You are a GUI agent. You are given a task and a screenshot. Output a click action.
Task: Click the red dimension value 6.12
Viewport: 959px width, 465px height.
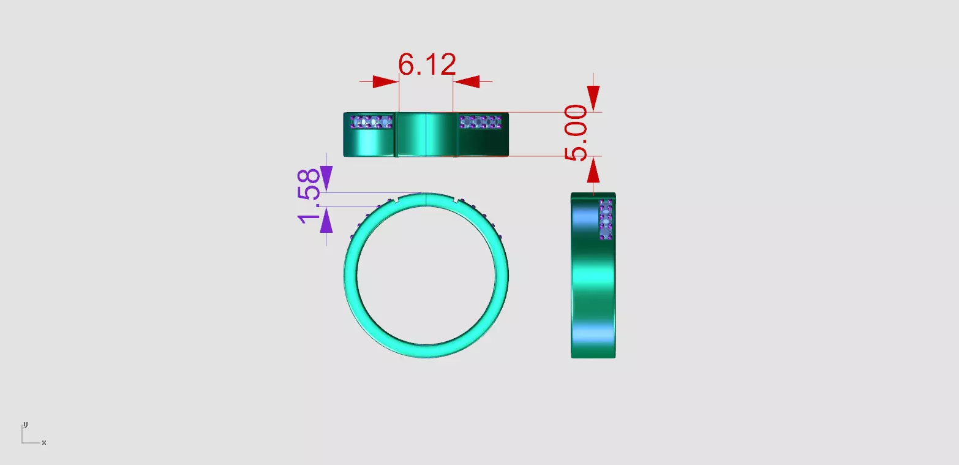pyautogui.click(x=427, y=64)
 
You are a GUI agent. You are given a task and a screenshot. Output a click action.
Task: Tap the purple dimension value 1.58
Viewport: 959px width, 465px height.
pyautogui.click(x=310, y=195)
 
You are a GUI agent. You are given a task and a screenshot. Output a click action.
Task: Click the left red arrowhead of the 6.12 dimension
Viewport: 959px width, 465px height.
pyautogui.click(x=385, y=82)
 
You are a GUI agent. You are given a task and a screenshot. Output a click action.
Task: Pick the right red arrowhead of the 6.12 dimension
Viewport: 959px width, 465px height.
pyautogui.click(x=467, y=82)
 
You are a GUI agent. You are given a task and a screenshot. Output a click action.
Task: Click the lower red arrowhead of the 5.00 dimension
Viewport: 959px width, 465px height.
pyautogui.click(x=593, y=170)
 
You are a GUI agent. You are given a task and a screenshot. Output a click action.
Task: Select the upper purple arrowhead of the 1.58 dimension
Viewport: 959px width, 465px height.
pyautogui.click(x=326, y=179)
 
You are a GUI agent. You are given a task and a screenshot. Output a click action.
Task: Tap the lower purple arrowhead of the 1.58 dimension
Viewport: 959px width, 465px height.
pyautogui.click(x=326, y=220)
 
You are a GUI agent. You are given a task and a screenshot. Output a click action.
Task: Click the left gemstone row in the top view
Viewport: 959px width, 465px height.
pyautogui.click(x=371, y=123)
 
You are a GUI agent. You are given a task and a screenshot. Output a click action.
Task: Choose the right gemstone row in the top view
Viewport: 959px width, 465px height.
pyautogui.click(x=481, y=123)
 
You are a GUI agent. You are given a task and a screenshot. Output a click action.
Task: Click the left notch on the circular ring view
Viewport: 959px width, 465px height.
pyautogui.click(x=397, y=200)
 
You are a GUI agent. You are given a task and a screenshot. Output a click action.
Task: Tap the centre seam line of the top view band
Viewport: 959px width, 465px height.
pyautogui.click(x=426, y=134)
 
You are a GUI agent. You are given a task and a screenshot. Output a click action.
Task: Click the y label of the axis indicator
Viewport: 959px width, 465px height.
pyautogui.click(x=25, y=425)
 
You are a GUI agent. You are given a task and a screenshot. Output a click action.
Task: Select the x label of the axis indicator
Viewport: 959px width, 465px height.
pyautogui.click(x=44, y=442)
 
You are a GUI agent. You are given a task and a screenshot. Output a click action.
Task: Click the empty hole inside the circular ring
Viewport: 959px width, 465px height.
pyautogui.click(x=426, y=276)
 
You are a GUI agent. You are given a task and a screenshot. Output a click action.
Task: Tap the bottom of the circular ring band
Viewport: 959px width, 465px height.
pyautogui.click(x=426, y=351)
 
